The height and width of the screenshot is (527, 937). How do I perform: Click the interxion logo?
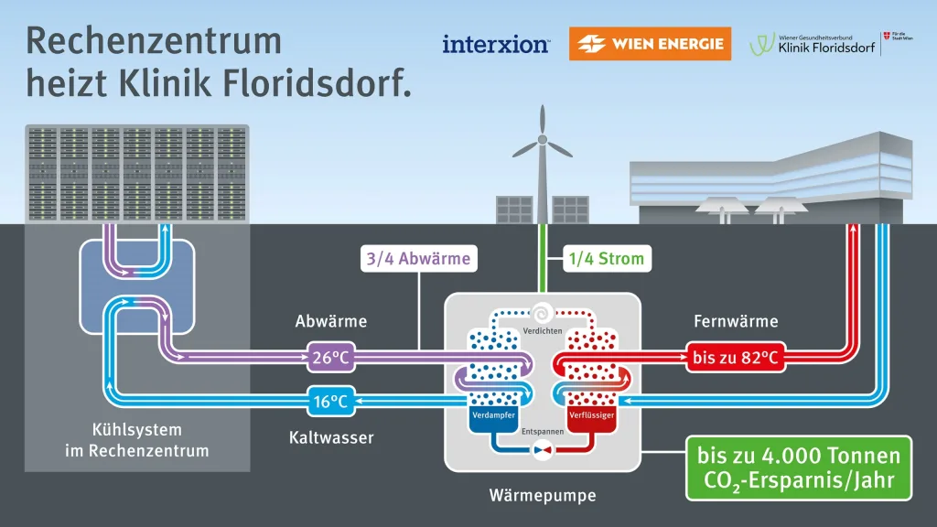coord(495,43)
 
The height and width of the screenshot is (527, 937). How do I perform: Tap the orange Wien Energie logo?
coord(650,43)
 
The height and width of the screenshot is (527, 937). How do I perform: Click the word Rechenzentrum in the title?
coord(154,41)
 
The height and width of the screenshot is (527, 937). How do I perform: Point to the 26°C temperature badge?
coord(330,358)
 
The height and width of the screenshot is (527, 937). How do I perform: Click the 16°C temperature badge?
coord(330,400)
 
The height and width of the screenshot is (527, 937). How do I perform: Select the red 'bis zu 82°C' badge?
coord(736,358)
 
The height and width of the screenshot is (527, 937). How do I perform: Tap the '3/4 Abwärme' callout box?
coord(419,259)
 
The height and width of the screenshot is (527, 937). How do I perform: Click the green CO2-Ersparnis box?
coord(799,467)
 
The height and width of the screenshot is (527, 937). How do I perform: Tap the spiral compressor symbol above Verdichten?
coord(543,310)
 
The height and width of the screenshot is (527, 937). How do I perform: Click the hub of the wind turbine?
coord(542,140)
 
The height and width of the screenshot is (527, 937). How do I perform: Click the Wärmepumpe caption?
coord(543,496)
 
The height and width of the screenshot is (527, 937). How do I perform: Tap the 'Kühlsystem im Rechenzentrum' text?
coord(137,440)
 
